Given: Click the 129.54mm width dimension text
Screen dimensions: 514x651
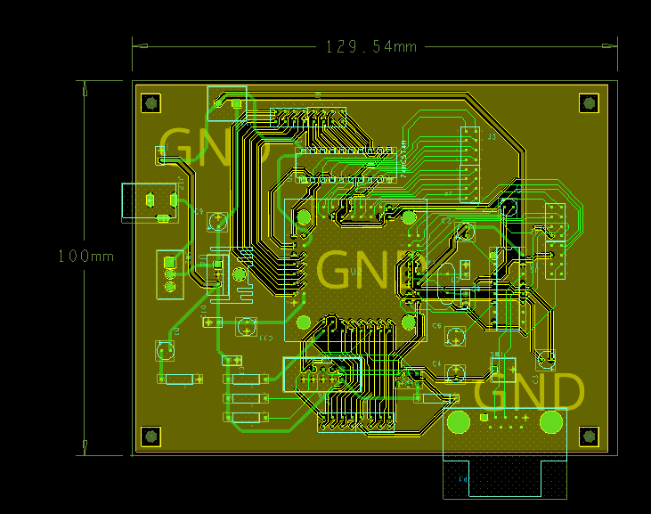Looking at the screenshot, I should tap(370, 46).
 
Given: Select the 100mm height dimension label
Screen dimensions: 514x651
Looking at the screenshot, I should tap(86, 256).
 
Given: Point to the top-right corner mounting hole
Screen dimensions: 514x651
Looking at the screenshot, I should tap(588, 103).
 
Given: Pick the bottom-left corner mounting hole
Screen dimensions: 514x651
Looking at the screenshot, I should tap(151, 436).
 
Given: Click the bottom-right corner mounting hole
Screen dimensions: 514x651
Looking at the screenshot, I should tap(588, 436).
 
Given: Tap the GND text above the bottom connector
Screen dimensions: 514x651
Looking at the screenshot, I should tap(530, 391).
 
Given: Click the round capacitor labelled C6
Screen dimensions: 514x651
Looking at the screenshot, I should tap(456, 337).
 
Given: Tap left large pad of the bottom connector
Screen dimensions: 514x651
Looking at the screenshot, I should tap(460, 421).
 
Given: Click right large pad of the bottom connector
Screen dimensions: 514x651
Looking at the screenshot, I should tap(552, 421).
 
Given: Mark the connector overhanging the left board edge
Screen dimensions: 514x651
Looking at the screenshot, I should tap(148, 201).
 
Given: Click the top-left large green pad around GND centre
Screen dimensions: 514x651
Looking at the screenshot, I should tap(303, 216).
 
